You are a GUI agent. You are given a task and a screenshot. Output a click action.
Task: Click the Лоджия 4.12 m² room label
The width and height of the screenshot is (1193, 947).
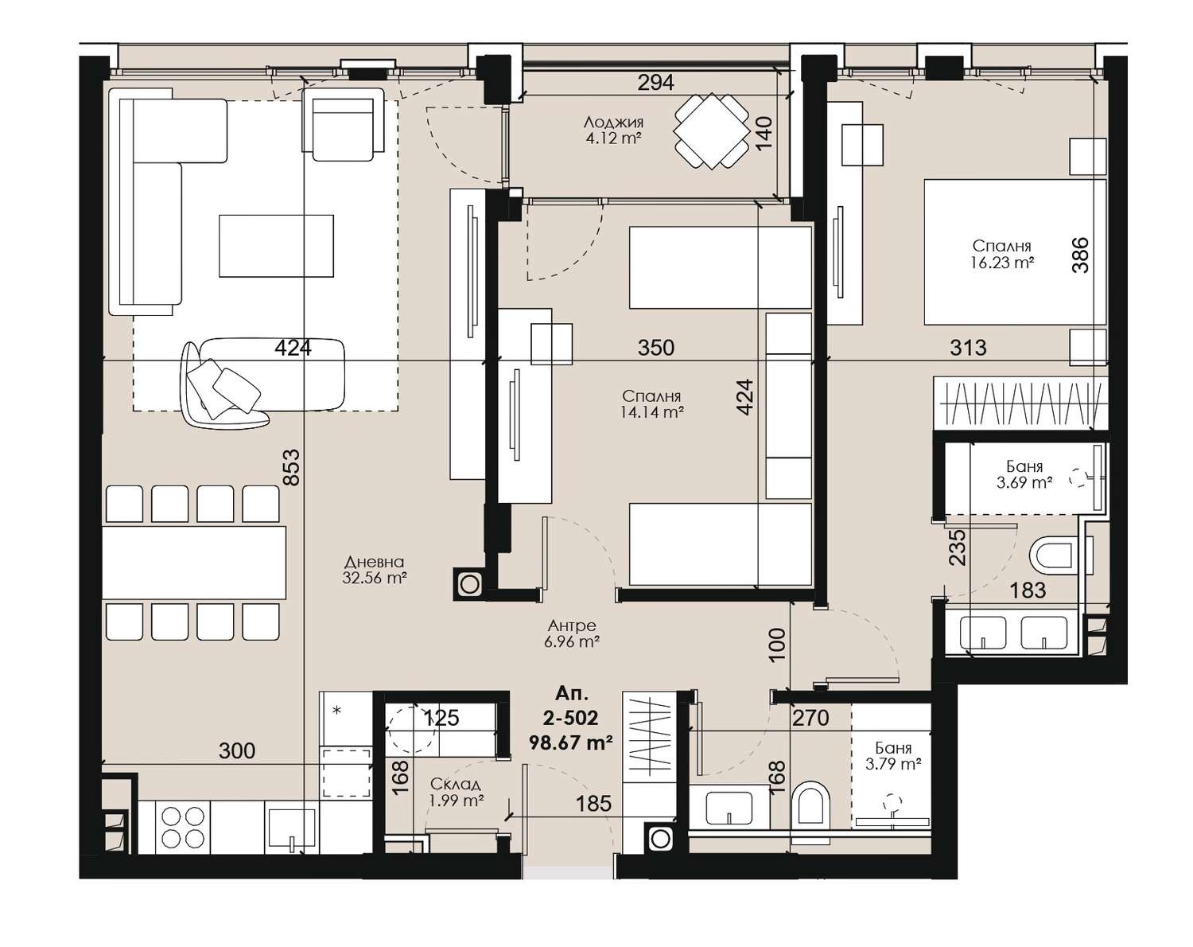613,130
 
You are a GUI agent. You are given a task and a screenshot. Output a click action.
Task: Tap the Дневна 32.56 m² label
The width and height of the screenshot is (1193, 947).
374,571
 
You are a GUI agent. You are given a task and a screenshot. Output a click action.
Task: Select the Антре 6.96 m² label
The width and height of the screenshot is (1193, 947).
572,633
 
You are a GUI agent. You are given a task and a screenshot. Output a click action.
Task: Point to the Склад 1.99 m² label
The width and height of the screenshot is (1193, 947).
457,793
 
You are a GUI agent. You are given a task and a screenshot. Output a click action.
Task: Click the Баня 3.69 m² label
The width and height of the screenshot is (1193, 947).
1024,474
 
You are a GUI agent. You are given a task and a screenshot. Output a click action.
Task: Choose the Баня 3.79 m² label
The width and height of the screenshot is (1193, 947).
893,755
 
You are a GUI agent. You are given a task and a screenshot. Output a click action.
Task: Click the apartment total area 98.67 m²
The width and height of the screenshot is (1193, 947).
571,742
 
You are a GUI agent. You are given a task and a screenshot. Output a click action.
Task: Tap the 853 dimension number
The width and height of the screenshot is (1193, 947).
292,467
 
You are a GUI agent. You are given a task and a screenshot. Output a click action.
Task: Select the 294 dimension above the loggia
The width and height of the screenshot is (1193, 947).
656,83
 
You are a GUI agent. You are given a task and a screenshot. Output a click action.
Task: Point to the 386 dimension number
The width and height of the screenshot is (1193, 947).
1081,255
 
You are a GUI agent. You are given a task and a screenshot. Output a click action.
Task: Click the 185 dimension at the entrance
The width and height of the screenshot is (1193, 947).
594,804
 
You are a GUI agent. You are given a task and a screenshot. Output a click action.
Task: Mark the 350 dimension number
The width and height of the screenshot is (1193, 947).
656,348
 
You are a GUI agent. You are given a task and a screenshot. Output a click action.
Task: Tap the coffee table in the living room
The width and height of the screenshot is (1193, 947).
276,246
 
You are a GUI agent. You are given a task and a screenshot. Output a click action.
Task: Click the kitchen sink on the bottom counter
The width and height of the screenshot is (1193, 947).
292,828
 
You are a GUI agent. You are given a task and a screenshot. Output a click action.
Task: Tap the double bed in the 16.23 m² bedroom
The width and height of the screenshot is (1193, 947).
1015,251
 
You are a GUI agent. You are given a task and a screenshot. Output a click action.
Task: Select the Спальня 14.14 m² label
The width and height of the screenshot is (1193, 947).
652,404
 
